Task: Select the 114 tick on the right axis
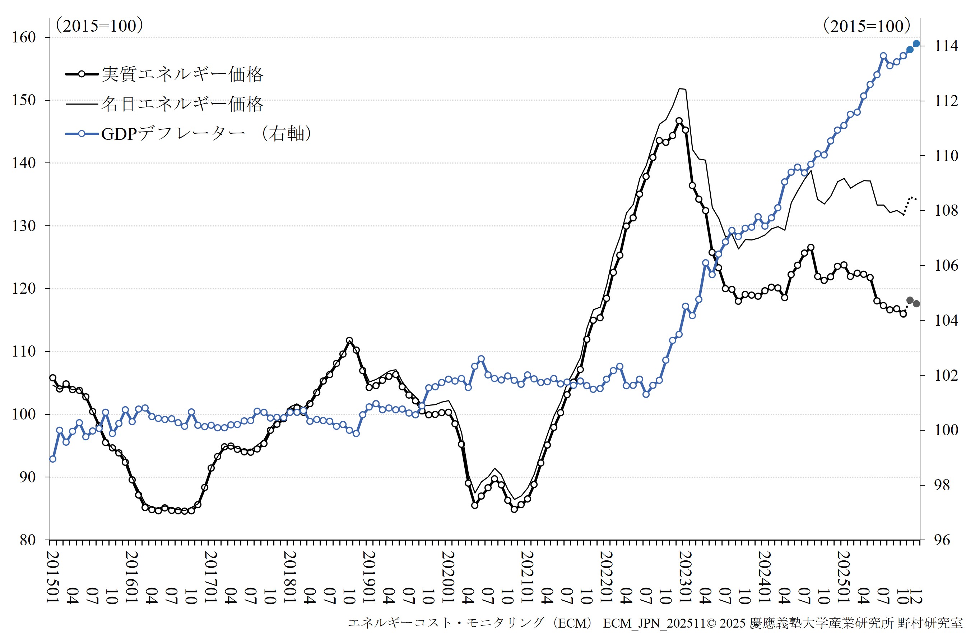pyautogui.click(x=946, y=46)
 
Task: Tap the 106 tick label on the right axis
pyautogui.click(x=946, y=266)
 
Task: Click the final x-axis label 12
pyautogui.click(x=915, y=596)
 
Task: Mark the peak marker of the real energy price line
pyautogui.click(x=679, y=121)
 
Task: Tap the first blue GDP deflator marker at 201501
pyautogui.click(x=52, y=459)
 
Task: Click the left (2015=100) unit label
pyautogui.click(x=99, y=26)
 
